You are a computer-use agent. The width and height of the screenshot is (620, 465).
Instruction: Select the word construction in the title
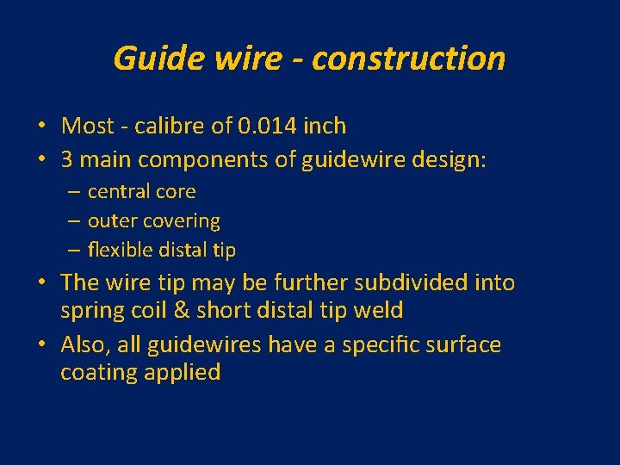[x=409, y=59]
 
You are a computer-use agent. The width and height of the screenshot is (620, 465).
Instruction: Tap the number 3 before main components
[x=66, y=159]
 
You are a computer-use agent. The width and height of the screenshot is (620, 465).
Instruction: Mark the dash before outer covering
[x=74, y=221]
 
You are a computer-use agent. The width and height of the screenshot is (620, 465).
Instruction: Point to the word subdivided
[x=417, y=282]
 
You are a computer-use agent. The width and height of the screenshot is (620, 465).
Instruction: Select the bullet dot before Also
[x=42, y=345]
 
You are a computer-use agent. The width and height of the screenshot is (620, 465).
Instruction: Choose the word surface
[x=458, y=344]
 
